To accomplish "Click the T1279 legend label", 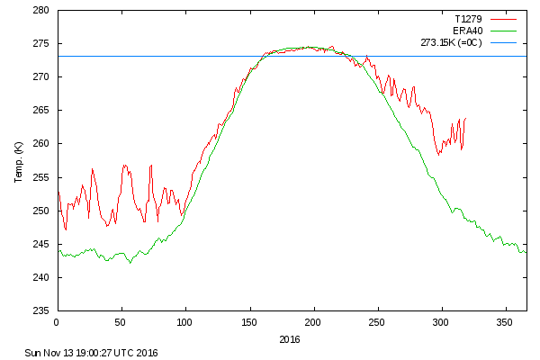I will click(468, 18).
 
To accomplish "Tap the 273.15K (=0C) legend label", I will click(452, 42).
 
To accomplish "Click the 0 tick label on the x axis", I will click(57, 322).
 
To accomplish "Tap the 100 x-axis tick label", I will click(184, 322).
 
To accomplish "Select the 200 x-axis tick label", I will click(313, 322).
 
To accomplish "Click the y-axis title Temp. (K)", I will click(19, 161).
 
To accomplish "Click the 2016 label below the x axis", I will click(291, 340).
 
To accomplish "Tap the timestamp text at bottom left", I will click(91, 353).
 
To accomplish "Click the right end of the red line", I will click(465, 118).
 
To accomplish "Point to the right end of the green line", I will click(526, 252).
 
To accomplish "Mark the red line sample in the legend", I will click(509, 42).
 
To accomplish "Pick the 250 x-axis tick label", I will click(377, 322).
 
